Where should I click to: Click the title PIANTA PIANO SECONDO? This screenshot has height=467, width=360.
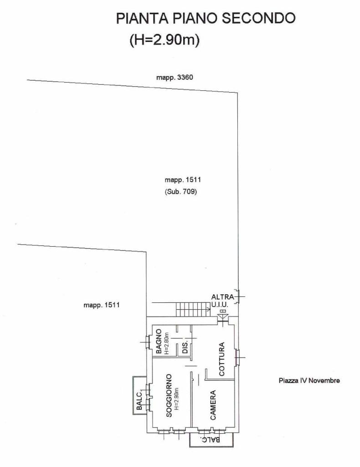point(206,18)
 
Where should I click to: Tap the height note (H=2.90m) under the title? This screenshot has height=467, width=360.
point(165,40)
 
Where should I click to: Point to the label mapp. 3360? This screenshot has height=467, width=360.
point(175,78)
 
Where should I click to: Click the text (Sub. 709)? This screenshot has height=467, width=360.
point(181,192)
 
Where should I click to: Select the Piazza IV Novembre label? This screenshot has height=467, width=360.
point(309,380)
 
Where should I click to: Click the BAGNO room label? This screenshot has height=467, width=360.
point(159,341)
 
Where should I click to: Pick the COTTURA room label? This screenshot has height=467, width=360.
point(221,359)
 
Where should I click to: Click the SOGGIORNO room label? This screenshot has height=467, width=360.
point(169,396)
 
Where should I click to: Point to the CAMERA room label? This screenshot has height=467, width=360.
point(213,405)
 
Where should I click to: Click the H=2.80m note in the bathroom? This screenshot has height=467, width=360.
point(166,343)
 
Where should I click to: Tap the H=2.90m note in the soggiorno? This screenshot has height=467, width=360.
point(176,399)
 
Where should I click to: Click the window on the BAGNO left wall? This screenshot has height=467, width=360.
point(147,342)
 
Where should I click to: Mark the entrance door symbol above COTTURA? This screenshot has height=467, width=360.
point(222,317)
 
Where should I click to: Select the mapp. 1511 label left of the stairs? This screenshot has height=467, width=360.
point(102,305)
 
